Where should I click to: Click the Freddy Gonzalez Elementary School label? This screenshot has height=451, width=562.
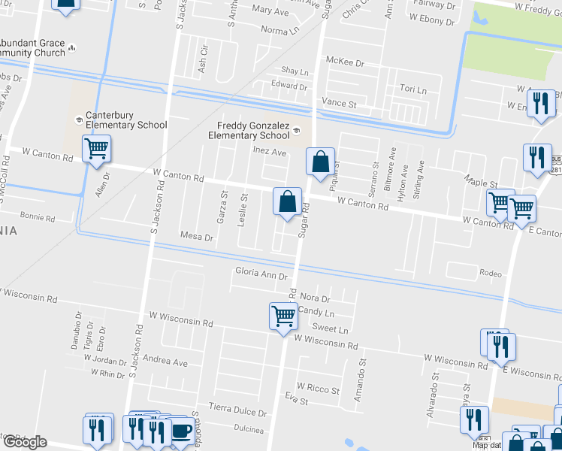point(253,131)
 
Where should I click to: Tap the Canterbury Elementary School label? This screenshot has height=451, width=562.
point(126,120)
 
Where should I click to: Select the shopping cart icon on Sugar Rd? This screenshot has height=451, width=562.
point(283,315)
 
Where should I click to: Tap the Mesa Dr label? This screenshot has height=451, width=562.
point(197,236)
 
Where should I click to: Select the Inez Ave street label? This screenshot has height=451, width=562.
point(270,152)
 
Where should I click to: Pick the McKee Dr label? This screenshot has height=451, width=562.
point(344,62)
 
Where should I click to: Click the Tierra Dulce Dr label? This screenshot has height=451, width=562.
point(237,413)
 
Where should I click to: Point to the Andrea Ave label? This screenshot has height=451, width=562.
point(165,362)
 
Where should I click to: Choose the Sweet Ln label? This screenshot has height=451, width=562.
point(331,329)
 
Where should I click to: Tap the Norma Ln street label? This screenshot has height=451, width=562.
point(279,30)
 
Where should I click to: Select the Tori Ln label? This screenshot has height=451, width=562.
point(412,90)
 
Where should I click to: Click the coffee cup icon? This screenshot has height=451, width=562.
point(181,431)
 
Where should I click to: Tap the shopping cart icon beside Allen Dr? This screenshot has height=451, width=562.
point(96,150)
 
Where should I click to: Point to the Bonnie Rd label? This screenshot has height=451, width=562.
point(38,218)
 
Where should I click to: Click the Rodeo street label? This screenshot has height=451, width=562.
point(490,274)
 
